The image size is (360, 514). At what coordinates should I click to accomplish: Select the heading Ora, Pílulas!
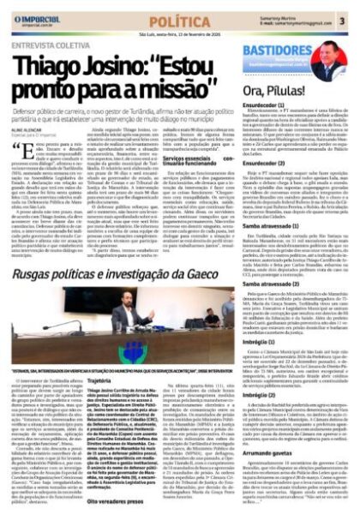coord(273,92)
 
